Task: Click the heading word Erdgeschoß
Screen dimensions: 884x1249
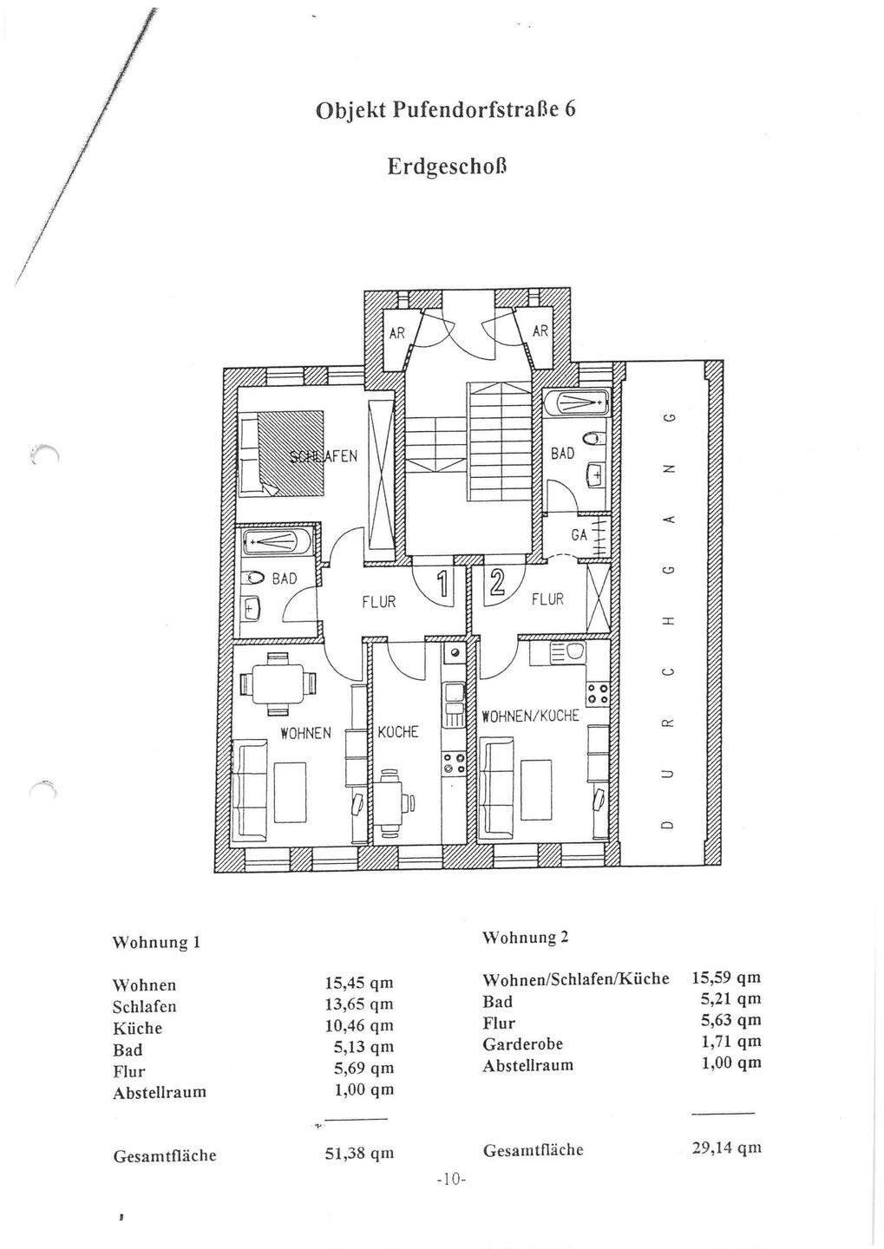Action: coord(446,167)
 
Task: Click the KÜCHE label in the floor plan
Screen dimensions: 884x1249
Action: coord(397,732)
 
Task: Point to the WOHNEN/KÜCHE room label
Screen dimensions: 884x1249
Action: coord(530,716)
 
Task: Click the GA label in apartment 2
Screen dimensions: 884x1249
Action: coord(580,535)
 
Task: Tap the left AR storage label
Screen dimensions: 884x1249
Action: coord(396,331)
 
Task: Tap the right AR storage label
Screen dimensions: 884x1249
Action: coord(540,331)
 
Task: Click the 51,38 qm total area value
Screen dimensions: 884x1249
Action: coord(359,1154)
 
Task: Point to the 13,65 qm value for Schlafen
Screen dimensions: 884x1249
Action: coord(359,1004)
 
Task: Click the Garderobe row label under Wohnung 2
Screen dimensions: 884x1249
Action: coord(522,1044)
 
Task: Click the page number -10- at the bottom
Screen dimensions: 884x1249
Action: coord(452,1180)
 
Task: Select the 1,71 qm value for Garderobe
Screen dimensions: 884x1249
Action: coord(730,1042)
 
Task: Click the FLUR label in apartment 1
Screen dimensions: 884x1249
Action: coord(378,601)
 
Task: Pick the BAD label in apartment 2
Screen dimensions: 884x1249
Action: coord(562,454)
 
